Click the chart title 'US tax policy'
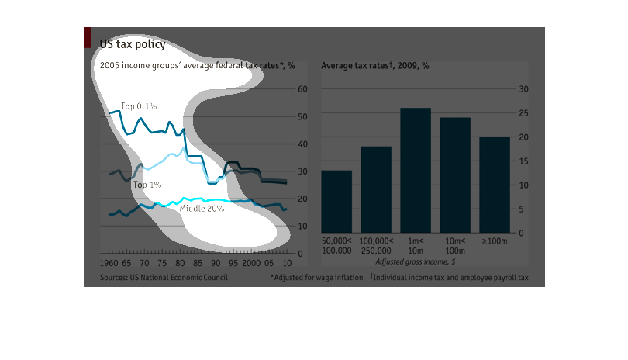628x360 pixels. [132, 44]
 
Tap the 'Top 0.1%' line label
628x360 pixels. [139, 106]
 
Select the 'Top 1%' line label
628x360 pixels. [147, 185]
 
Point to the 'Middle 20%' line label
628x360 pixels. [202, 208]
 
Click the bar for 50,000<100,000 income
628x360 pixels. [336, 202]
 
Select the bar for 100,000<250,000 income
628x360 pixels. [376, 189]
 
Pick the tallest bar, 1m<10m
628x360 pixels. [416, 170]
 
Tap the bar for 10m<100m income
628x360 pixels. [455, 175]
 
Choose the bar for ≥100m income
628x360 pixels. [495, 185]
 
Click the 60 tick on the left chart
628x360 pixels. [303, 89]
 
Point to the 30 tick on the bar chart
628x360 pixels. [523, 89]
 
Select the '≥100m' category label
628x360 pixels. [495, 241]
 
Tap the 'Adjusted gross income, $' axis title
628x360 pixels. [416, 262]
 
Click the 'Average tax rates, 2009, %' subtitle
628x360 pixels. [375, 65]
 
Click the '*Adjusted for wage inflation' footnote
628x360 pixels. [316, 277]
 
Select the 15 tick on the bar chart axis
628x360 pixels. [523, 161]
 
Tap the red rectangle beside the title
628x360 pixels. [88, 38]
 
